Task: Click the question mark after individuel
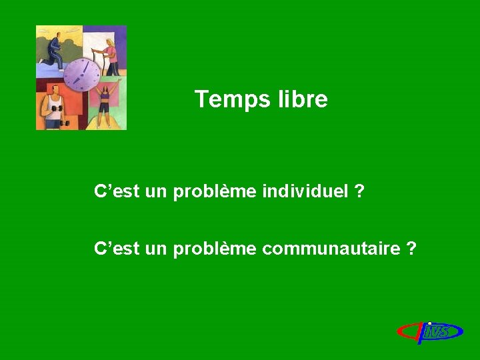[360, 192]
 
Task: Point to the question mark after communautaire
[411, 249]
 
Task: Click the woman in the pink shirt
[109, 52]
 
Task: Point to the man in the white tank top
[53, 107]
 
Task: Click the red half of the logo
[407, 331]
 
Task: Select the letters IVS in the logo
[437, 331]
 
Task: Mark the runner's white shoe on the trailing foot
[41, 61]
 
